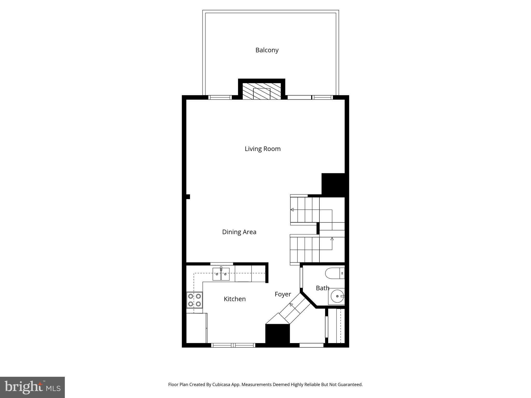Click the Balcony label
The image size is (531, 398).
click(267, 50)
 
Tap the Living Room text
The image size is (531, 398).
click(262, 149)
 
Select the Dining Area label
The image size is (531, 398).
click(239, 232)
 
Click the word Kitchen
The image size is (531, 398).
click(235, 299)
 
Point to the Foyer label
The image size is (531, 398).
click(283, 294)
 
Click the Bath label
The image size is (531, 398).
click(322, 288)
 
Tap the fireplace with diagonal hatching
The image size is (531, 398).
click(262, 91)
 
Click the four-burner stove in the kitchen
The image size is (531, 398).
click(194, 300)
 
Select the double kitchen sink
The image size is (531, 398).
click(221, 274)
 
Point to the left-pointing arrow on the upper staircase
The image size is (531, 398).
click(292, 210)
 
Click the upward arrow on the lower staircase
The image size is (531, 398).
click(332, 239)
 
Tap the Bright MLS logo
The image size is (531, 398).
click(32, 387)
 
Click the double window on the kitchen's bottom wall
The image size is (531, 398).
click(233, 345)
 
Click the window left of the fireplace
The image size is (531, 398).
click(220, 97)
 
